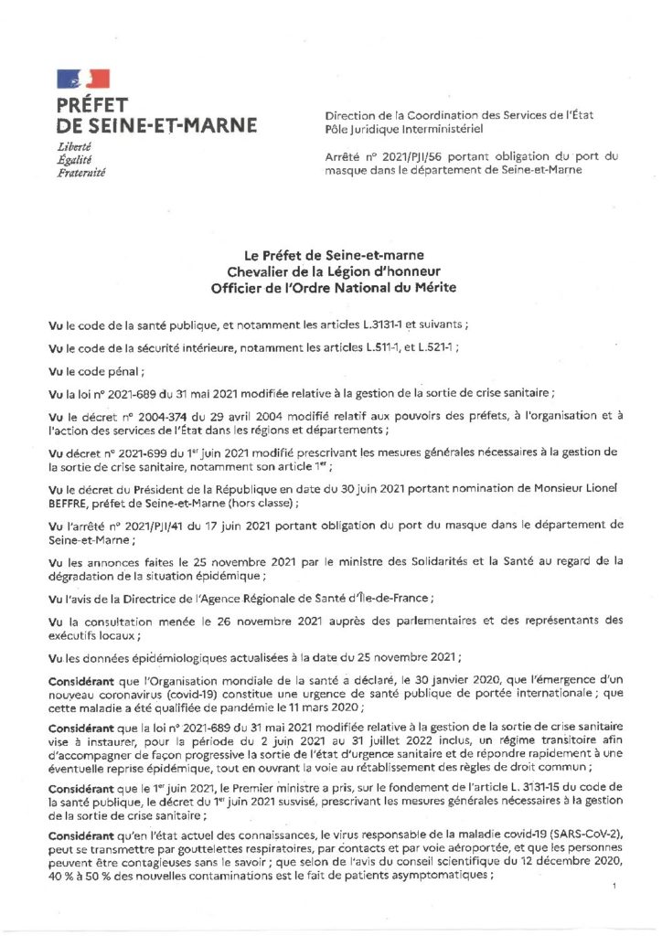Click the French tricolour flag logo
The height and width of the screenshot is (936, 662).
[x=82, y=80]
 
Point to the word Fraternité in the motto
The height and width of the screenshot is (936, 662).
[x=80, y=171]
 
